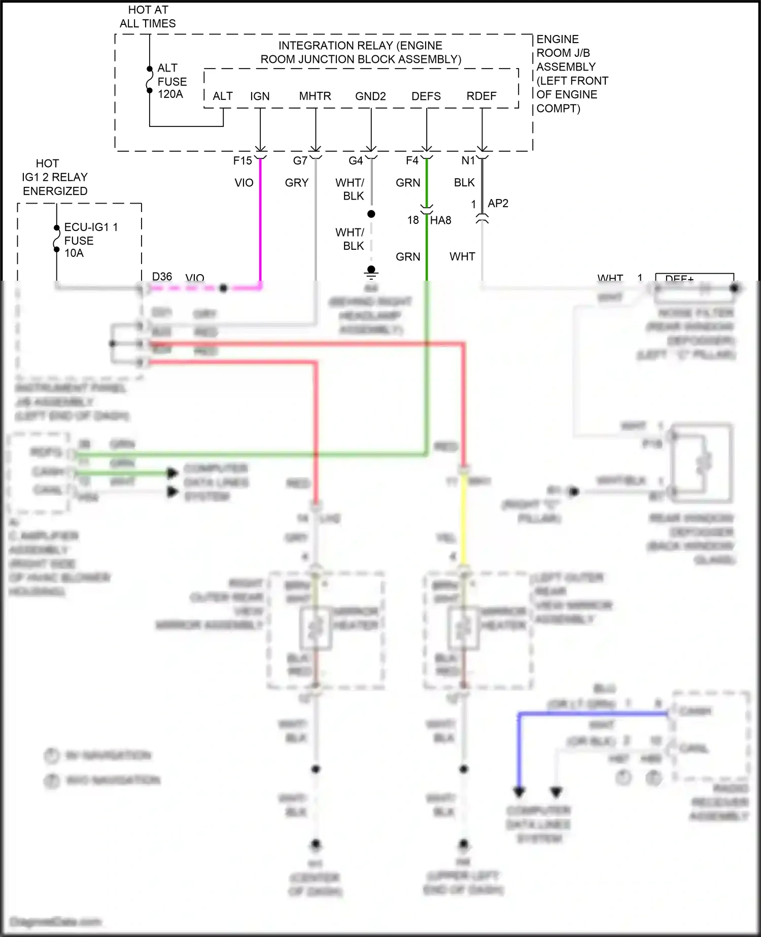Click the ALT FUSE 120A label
point(171,81)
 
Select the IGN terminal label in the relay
point(260,96)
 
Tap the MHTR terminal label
point(315,96)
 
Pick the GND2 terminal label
point(370,96)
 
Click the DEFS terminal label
point(426,96)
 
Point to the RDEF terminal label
point(481,96)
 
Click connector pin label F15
point(243,161)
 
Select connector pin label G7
point(300,161)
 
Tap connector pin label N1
point(468,161)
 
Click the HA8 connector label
point(440,220)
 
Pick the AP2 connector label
point(498,204)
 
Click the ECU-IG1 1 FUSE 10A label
point(90,240)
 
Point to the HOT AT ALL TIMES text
point(148,17)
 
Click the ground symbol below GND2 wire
point(371,273)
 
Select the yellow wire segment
point(464,518)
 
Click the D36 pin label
point(162,277)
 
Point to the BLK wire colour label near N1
point(464,183)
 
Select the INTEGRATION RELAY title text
point(361,52)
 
